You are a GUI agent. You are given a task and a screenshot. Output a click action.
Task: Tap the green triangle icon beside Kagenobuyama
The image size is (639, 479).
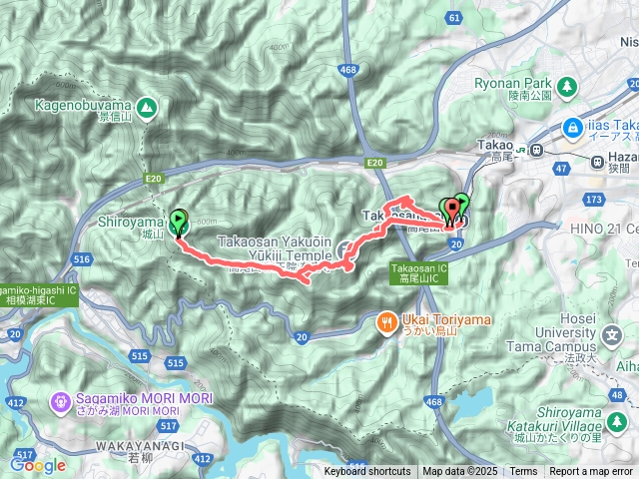tap(146, 105)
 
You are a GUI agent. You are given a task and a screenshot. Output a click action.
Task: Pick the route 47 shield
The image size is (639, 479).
tap(560, 170)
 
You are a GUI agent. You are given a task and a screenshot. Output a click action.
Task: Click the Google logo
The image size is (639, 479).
tap(38, 465)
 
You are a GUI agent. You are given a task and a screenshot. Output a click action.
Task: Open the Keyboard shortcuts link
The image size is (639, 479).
tap(366, 472)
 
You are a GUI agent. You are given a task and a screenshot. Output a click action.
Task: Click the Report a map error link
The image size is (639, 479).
tap(590, 472)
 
